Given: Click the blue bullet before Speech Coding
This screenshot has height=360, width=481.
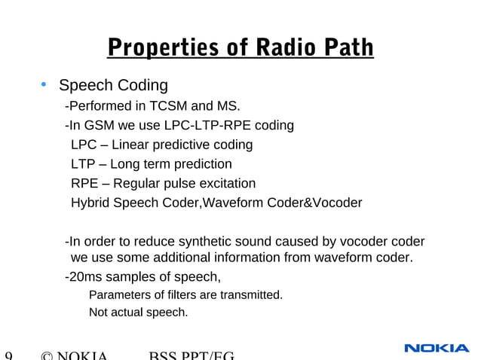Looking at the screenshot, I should (x=44, y=84).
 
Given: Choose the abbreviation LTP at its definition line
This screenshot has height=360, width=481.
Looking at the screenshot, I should (x=83, y=164).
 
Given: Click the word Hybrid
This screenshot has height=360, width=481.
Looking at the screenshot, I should (x=90, y=203).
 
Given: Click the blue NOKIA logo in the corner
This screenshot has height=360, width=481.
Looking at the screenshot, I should (x=437, y=348).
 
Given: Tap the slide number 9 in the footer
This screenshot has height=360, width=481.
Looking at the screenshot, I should (x=8, y=355).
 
